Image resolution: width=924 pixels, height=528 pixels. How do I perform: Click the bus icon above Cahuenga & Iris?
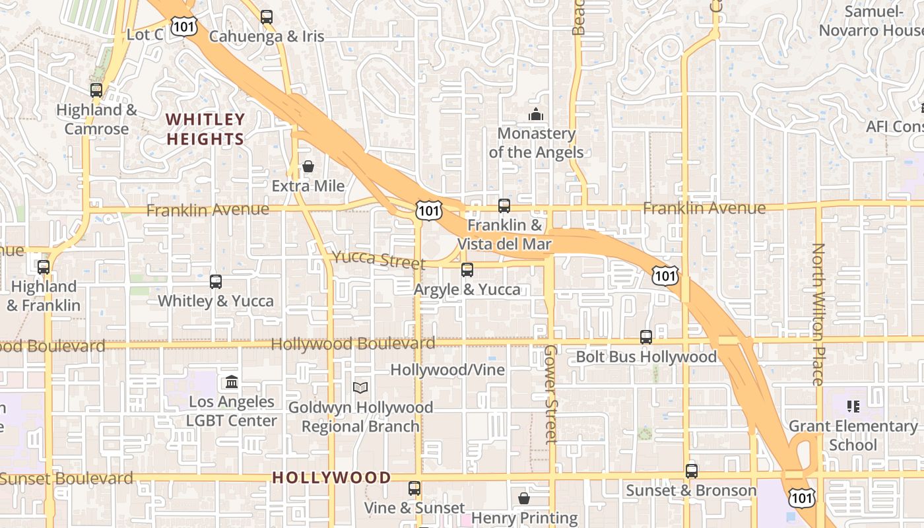tap(267, 17)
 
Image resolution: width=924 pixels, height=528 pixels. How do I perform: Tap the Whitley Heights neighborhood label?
tap(205, 129)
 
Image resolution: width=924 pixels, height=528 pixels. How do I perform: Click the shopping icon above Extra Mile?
tap(308, 166)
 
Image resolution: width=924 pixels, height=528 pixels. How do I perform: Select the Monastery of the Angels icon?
tap(535, 115)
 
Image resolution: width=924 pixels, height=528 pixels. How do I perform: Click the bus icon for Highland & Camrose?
tap(96, 90)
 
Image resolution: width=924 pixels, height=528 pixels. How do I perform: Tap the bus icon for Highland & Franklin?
tap(44, 267)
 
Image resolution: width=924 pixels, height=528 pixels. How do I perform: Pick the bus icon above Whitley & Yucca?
tap(216, 282)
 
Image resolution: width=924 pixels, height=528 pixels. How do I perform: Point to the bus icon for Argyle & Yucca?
tap(467, 270)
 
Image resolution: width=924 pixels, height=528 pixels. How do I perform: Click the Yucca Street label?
tap(379, 259)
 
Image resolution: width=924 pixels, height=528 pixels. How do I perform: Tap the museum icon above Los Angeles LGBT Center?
tap(232, 382)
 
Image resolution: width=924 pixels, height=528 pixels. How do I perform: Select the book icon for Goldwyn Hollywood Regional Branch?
tap(360, 387)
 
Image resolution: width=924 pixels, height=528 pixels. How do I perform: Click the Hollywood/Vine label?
tap(447, 370)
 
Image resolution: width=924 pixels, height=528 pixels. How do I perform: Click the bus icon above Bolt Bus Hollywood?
tap(646, 337)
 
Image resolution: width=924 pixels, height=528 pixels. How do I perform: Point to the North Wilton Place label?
tap(818, 314)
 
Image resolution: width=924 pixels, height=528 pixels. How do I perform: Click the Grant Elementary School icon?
tap(853, 407)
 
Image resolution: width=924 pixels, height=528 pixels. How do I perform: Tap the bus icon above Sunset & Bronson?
tap(691, 471)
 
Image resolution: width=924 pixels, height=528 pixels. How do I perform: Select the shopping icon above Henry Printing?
tap(524, 498)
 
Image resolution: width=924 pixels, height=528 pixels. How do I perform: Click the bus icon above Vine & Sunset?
tap(414, 488)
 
